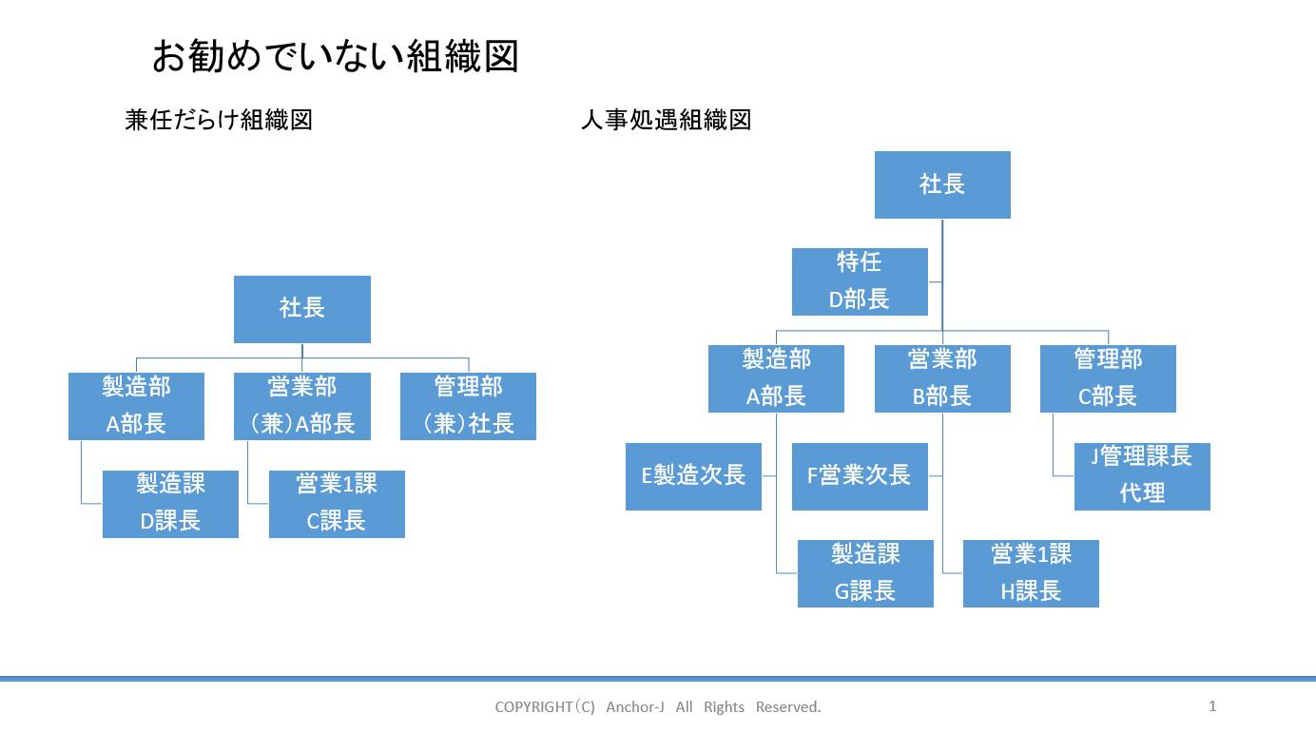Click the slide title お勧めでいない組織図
(335, 56)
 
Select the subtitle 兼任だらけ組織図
(219, 120)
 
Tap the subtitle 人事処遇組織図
(666, 120)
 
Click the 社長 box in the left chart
(302, 309)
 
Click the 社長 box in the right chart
(942, 184)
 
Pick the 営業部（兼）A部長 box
(302, 406)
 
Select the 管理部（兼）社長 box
(468, 406)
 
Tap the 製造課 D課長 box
(170, 504)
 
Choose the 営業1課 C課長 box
(337, 504)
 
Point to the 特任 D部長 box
(860, 281)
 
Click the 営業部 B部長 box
(942, 378)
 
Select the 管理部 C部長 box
(1108, 378)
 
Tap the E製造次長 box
(693, 476)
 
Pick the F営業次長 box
(860, 476)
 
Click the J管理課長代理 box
(1142, 476)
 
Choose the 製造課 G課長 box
(865, 573)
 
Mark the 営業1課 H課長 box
(1031, 573)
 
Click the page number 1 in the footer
(1212, 705)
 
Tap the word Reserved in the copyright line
(788, 707)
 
